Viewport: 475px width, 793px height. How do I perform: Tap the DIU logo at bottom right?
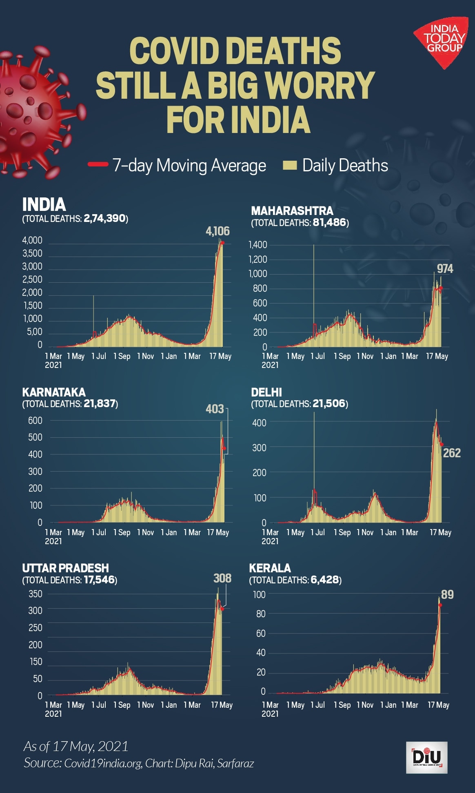pyautogui.click(x=427, y=758)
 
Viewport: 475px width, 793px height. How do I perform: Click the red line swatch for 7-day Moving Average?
pyautogui.click(x=98, y=164)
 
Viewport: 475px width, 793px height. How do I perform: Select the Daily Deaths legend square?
pyautogui.click(x=289, y=165)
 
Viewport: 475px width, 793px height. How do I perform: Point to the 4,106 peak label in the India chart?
pyautogui.click(x=218, y=231)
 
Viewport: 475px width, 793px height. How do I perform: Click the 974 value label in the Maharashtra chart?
pyautogui.click(x=445, y=269)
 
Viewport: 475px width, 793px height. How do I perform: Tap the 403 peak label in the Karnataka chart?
pyautogui.click(x=215, y=409)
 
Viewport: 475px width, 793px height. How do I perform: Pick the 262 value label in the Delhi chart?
pyautogui.click(x=452, y=453)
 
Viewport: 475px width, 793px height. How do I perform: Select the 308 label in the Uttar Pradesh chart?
pyautogui.click(x=222, y=578)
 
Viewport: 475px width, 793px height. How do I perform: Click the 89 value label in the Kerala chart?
pyautogui.click(x=447, y=594)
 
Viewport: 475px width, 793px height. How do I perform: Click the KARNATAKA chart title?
pyautogui.click(x=54, y=392)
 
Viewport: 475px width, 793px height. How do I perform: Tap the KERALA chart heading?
pyautogui.click(x=270, y=568)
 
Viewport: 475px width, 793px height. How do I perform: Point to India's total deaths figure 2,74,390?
pyautogui.click(x=104, y=219)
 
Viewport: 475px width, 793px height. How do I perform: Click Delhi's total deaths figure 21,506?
pyautogui.click(x=329, y=404)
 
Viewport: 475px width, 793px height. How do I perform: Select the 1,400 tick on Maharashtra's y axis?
pyautogui.click(x=258, y=245)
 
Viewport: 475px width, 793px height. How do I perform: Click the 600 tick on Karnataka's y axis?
pyautogui.click(x=35, y=421)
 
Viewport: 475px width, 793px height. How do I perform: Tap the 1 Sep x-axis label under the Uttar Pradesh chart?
pyautogui.click(x=122, y=705)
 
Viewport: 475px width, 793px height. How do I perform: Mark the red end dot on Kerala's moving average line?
pyautogui.click(x=440, y=605)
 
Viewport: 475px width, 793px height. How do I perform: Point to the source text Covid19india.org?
pyautogui.click(x=103, y=763)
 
